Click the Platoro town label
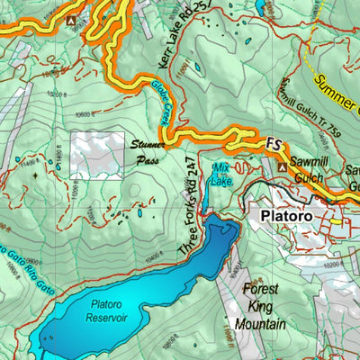(285, 217)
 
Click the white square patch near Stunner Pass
(97, 155)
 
